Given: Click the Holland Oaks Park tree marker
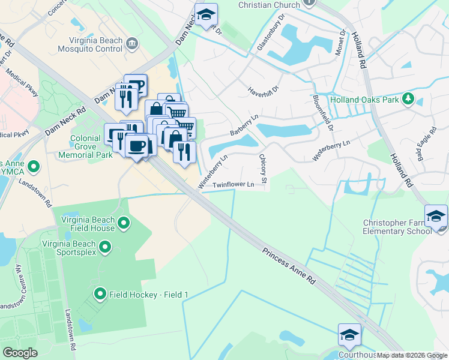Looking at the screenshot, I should pos(409,98).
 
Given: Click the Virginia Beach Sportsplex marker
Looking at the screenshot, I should pos(105,247).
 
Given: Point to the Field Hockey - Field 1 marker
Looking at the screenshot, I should pos(100,294).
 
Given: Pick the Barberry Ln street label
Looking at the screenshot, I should pos(243,129).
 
